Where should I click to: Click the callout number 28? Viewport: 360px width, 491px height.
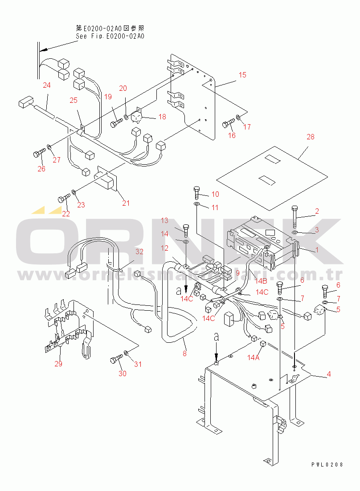[310, 137]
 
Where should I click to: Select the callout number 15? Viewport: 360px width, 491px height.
[242, 75]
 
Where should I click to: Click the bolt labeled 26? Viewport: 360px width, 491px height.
[37, 154]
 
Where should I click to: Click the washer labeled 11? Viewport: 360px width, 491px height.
[197, 204]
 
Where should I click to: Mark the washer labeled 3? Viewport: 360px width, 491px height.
[295, 232]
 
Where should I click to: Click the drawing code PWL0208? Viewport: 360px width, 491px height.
[327, 464]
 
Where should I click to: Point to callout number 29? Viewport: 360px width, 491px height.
[58, 364]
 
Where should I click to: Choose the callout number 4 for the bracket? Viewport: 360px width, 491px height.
[328, 374]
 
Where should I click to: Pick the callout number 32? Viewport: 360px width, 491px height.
[139, 252]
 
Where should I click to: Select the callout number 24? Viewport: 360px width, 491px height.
[47, 85]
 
